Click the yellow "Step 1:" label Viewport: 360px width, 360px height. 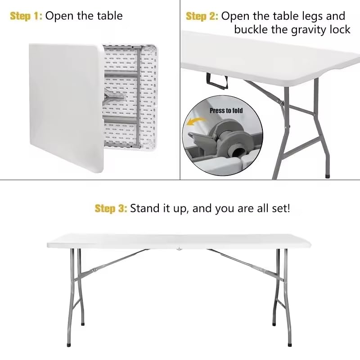26,16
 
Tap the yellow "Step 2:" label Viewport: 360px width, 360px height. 202,16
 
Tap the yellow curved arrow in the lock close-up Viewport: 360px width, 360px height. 195,123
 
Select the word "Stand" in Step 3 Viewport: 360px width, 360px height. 145,208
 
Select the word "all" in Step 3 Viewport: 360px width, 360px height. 257,208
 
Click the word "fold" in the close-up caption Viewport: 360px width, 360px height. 238,110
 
